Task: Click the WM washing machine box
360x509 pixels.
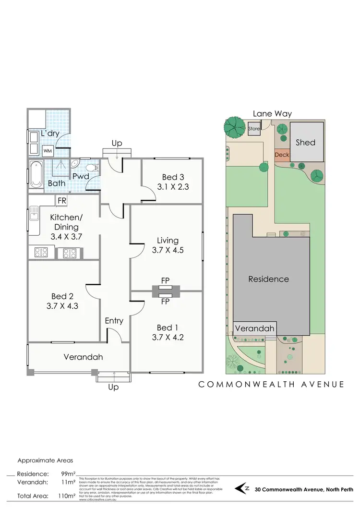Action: coord(48,151)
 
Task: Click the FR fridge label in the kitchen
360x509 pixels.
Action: coord(62,200)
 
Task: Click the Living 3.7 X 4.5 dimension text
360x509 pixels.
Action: coord(167,250)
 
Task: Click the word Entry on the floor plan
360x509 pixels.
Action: coord(114,321)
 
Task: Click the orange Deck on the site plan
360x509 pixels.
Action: coord(281,155)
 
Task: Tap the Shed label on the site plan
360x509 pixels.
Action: coord(305,142)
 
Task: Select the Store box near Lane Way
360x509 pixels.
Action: coord(254,129)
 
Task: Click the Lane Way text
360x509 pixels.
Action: coord(273,114)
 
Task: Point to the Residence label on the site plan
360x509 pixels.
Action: coord(268,279)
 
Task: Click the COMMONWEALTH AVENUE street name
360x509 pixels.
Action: coord(271,384)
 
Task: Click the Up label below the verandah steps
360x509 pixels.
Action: coord(113,387)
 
